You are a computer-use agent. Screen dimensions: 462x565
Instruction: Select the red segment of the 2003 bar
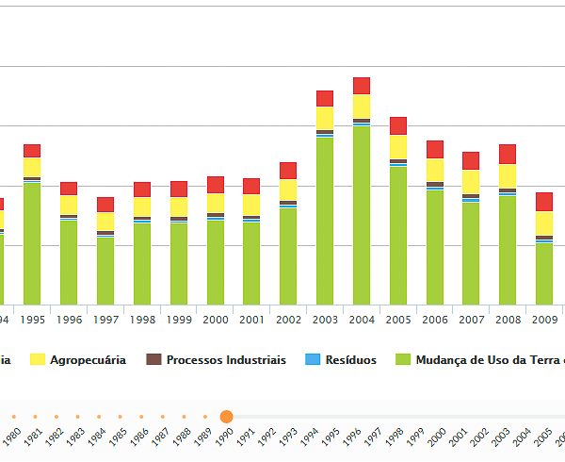coord(325,98)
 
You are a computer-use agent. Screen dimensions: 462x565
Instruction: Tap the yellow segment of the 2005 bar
coord(398,147)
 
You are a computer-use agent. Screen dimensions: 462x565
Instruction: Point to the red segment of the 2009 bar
coord(544,202)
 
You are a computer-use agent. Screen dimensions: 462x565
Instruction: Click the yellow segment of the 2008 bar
coord(508,176)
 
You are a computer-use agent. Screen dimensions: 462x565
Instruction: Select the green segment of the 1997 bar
coord(105,271)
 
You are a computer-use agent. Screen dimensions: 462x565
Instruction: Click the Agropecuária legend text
coord(88,360)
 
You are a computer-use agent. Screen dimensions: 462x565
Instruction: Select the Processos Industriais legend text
coord(226,360)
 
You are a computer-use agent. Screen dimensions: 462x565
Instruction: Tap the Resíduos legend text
coord(352,360)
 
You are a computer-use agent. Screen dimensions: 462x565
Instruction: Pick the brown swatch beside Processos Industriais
coord(154,360)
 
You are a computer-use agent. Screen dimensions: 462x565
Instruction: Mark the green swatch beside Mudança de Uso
coord(403,360)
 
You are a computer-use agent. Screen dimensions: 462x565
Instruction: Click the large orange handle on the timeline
coord(226,416)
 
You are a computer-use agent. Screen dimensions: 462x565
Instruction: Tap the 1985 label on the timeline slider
coord(116,437)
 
